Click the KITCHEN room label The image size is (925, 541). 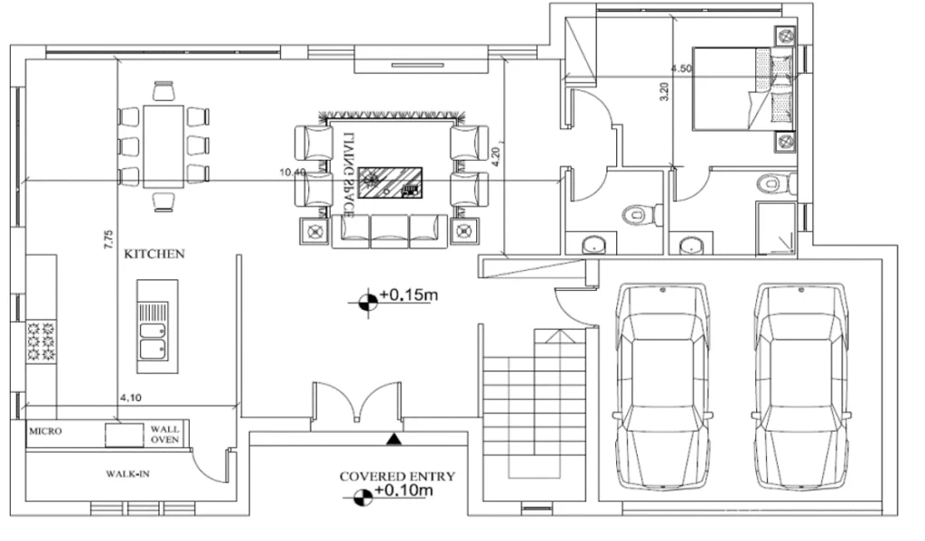[154, 254]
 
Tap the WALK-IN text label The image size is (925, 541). [127, 474]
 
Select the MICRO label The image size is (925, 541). [45, 432]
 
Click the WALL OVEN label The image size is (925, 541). [164, 434]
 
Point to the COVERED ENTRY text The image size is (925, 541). [397, 476]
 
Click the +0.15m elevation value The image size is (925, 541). [408, 294]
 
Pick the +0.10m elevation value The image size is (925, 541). [404, 490]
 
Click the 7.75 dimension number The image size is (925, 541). [108, 239]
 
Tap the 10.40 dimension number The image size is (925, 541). [293, 173]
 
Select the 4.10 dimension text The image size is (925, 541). [130, 397]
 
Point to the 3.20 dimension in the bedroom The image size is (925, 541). [664, 91]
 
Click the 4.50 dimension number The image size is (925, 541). [681, 69]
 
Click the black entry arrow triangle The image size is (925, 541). [394, 439]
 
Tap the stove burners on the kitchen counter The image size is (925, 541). [41, 340]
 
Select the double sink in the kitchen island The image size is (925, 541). [154, 331]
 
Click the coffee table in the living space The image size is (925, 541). [390, 182]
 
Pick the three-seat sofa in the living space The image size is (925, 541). [389, 230]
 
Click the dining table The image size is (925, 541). [164, 146]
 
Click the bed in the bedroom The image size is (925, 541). [743, 89]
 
